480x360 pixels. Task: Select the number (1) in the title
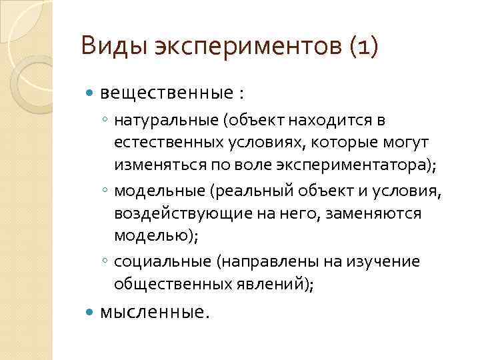(x=361, y=48)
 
